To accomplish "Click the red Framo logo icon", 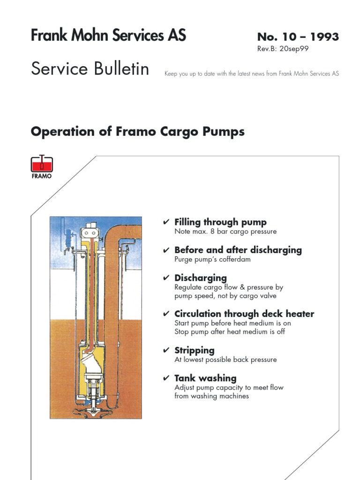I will (42, 165).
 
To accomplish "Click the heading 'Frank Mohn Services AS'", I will (108, 36).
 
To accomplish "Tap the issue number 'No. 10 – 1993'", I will (298, 37).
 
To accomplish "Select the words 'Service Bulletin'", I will (90, 69).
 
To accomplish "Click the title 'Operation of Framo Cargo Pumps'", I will (137, 132).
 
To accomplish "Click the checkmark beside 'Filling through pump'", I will (166, 222).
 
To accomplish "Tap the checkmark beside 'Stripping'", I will (166, 351).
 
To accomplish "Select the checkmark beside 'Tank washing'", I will (166, 378).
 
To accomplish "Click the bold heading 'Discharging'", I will (200, 278).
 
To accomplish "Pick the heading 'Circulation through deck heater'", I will (244, 314).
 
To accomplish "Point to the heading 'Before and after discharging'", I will (238, 250).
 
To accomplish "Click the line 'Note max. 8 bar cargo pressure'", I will (225, 232).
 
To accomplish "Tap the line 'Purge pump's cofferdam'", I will (212, 259).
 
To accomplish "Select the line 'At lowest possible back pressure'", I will (225, 360).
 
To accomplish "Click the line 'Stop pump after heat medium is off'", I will (229, 332).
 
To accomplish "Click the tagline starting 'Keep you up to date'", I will (251, 74).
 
